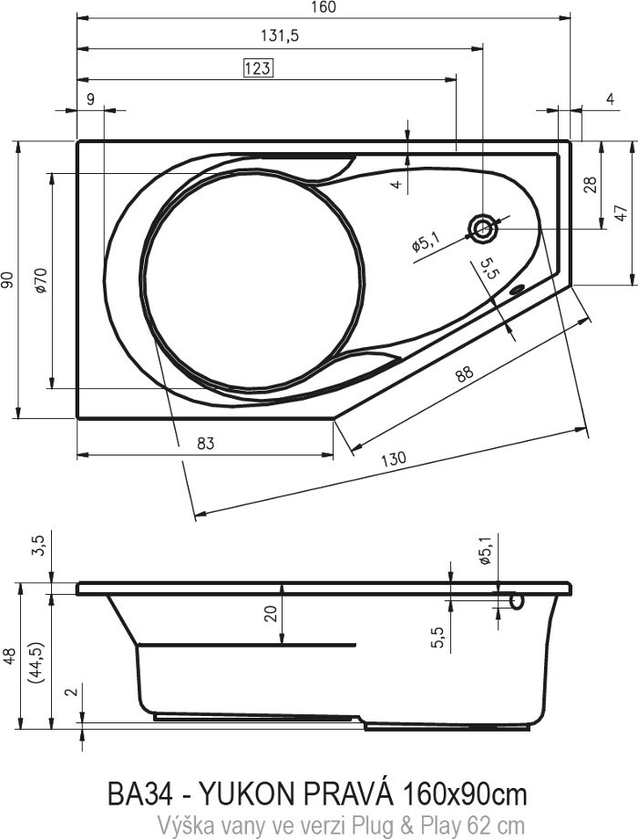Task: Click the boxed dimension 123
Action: (x=258, y=68)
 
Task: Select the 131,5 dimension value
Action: (x=280, y=36)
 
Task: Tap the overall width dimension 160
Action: (x=323, y=7)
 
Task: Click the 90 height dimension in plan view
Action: (x=7, y=280)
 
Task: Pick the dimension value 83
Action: (x=206, y=443)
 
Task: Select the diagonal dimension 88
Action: (x=465, y=373)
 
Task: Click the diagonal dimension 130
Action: (x=394, y=458)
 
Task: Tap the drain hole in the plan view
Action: (x=483, y=229)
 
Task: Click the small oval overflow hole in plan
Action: (x=517, y=292)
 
